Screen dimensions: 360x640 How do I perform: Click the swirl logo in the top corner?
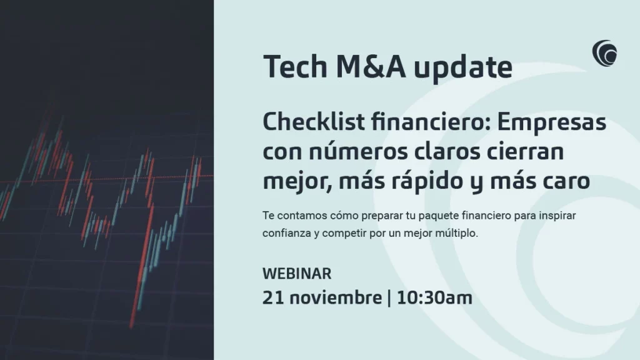click(x=604, y=53)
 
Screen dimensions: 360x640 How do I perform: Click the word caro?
click(x=565, y=182)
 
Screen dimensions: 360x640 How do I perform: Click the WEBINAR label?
click(x=297, y=273)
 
